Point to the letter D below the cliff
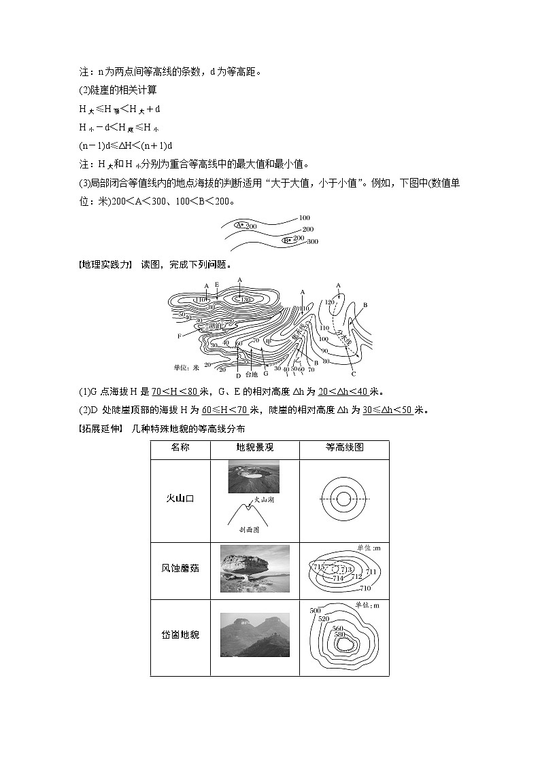coord(238,375)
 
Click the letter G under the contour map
coord(266,374)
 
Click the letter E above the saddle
coord(216,285)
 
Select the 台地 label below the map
coord(251,374)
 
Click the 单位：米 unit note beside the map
coord(185,367)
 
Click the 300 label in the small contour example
coord(313,242)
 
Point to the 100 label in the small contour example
coord(305,218)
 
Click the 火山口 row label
coord(180,498)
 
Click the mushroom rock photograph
coord(255,568)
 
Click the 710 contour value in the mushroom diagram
coord(365,588)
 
